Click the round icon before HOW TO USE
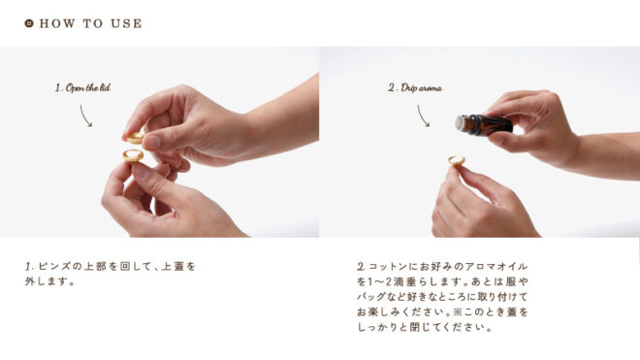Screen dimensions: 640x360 tap(29, 23)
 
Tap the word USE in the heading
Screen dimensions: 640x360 tap(126, 23)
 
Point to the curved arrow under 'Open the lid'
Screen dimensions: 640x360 tap(84, 115)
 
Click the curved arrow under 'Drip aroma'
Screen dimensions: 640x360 tap(422, 115)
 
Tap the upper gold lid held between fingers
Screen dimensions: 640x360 tap(135, 138)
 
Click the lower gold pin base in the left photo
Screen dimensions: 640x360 tap(133, 155)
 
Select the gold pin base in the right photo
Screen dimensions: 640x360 tap(457, 160)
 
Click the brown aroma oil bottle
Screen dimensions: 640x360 tap(484, 124)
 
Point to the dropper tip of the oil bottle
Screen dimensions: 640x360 tap(460, 123)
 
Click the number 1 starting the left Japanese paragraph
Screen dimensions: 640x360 tap(28, 267)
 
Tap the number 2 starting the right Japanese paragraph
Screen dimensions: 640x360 tap(361, 267)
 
